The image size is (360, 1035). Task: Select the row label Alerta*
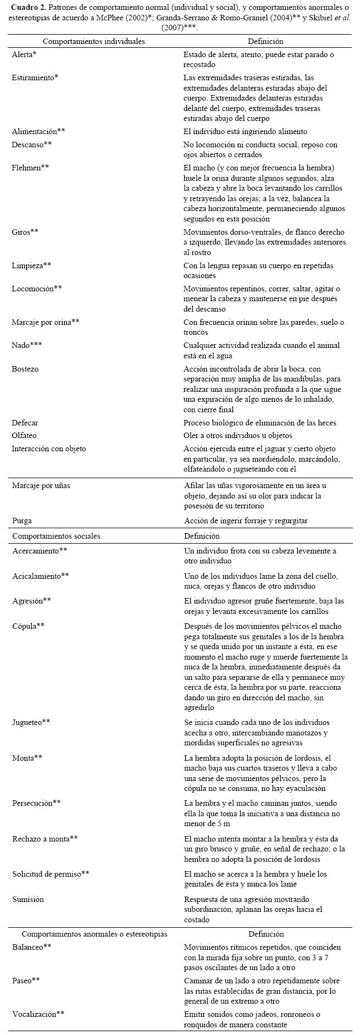pos(24,55)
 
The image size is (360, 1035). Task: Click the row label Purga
pos(21,520)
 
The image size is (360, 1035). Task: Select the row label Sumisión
pos(28,899)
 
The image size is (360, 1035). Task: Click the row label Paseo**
pos(26,981)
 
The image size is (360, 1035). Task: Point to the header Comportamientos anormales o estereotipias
pos(94,933)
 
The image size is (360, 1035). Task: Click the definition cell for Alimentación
pos(245,131)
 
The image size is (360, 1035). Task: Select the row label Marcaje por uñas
pos(41,485)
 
